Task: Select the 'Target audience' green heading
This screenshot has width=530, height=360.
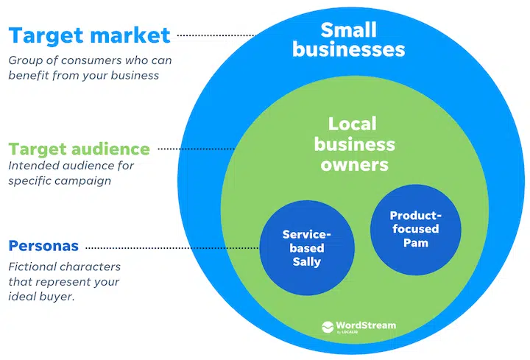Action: coord(79,149)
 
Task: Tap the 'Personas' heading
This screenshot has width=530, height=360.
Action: coord(43,246)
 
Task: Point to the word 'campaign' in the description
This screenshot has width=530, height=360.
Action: coord(81,179)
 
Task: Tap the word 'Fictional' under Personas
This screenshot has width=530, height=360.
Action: coord(33,267)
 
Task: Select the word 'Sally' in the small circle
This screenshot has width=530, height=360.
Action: coord(306,261)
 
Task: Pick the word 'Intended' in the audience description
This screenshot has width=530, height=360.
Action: coord(33,165)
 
